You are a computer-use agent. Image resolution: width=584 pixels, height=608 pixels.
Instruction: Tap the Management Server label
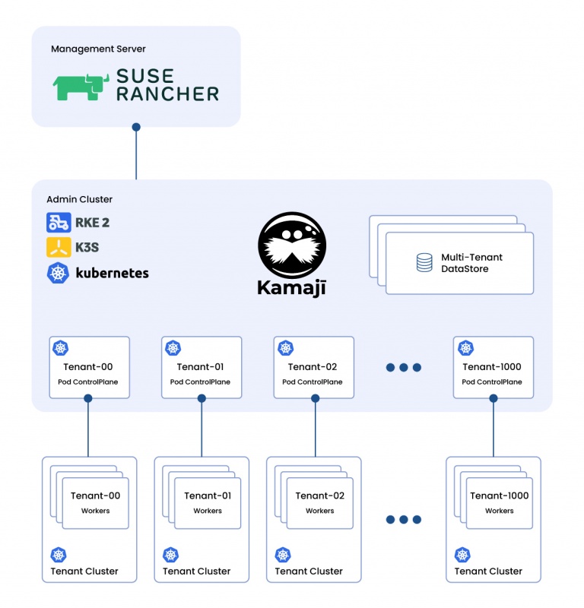tap(98, 49)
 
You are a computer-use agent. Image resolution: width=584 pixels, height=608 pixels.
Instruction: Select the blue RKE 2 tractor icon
tap(58, 223)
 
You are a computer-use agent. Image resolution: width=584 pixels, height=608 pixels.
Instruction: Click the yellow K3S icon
tap(58, 248)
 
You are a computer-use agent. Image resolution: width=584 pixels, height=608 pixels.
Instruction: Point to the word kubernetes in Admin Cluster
tap(112, 273)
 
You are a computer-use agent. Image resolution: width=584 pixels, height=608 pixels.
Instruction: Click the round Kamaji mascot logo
tap(293, 245)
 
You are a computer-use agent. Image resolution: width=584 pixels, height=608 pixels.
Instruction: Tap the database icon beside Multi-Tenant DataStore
tap(424, 263)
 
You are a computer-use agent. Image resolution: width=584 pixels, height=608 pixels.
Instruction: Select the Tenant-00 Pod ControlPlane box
tap(89, 368)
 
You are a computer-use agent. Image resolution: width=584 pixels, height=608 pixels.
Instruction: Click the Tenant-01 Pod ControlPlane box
tap(202, 368)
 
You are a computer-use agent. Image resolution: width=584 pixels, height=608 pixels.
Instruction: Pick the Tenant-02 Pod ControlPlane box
tap(313, 368)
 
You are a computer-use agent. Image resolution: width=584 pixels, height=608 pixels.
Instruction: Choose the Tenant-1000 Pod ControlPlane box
tap(493, 368)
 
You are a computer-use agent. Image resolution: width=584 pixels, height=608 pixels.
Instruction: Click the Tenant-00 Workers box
tap(96, 502)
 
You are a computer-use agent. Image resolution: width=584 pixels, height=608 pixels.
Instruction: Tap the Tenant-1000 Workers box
tap(499, 502)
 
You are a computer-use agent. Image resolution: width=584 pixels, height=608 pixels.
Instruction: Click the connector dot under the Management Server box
tap(136, 127)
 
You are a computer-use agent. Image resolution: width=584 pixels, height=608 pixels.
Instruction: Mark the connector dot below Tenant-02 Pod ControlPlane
tap(313, 398)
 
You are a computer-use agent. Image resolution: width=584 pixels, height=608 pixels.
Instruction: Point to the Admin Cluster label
tap(80, 200)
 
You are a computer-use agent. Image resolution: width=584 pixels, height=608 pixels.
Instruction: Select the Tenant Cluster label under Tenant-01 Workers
tap(197, 572)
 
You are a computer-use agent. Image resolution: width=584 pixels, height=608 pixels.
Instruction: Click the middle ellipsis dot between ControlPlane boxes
tap(403, 368)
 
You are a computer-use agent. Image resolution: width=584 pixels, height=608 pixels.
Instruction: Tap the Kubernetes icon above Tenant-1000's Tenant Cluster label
tap(462, 555)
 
